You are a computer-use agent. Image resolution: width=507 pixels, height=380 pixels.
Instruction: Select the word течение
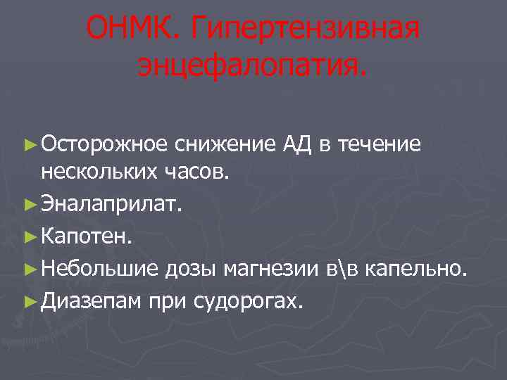(x=380, y=144)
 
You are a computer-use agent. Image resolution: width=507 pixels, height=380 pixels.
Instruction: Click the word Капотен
(x=85, y=236)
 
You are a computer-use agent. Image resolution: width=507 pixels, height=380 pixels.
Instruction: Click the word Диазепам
(x=93, y=301)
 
